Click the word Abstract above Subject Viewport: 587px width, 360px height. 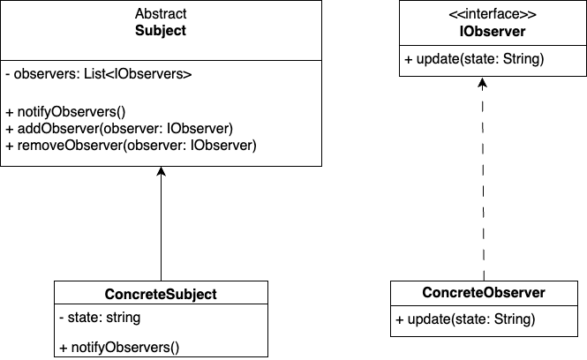pyautogui.click(x=161, y=15)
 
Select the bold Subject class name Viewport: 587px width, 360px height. pyautogui.click(x=161, y=31)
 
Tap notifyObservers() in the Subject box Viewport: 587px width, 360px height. pyautogui.click(x=66, y=112)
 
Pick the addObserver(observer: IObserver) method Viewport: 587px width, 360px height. pyautogui.click(x=118, y=129)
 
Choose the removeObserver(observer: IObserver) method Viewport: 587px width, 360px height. pyautogui.click(x=131, y=146)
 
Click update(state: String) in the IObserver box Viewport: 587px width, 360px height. pyautogui.click(x=474, y=60)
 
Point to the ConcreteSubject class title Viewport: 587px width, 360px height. pyautogui.click(x=161, y=294)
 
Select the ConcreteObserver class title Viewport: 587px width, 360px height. pyautogui.click(x=483, y=293)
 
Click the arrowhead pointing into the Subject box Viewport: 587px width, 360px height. pyautogui.click(x=161, y=173)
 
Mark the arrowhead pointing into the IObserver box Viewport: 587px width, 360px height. pyautogui.click(x=483, y=82)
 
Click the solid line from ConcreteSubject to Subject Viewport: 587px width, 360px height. pyautogui.click(x=161, y=229)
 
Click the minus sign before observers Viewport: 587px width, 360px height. pyautogui.click(x=7, y=75)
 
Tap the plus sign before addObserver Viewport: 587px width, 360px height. pyautogui.click(x=9, y=129)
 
